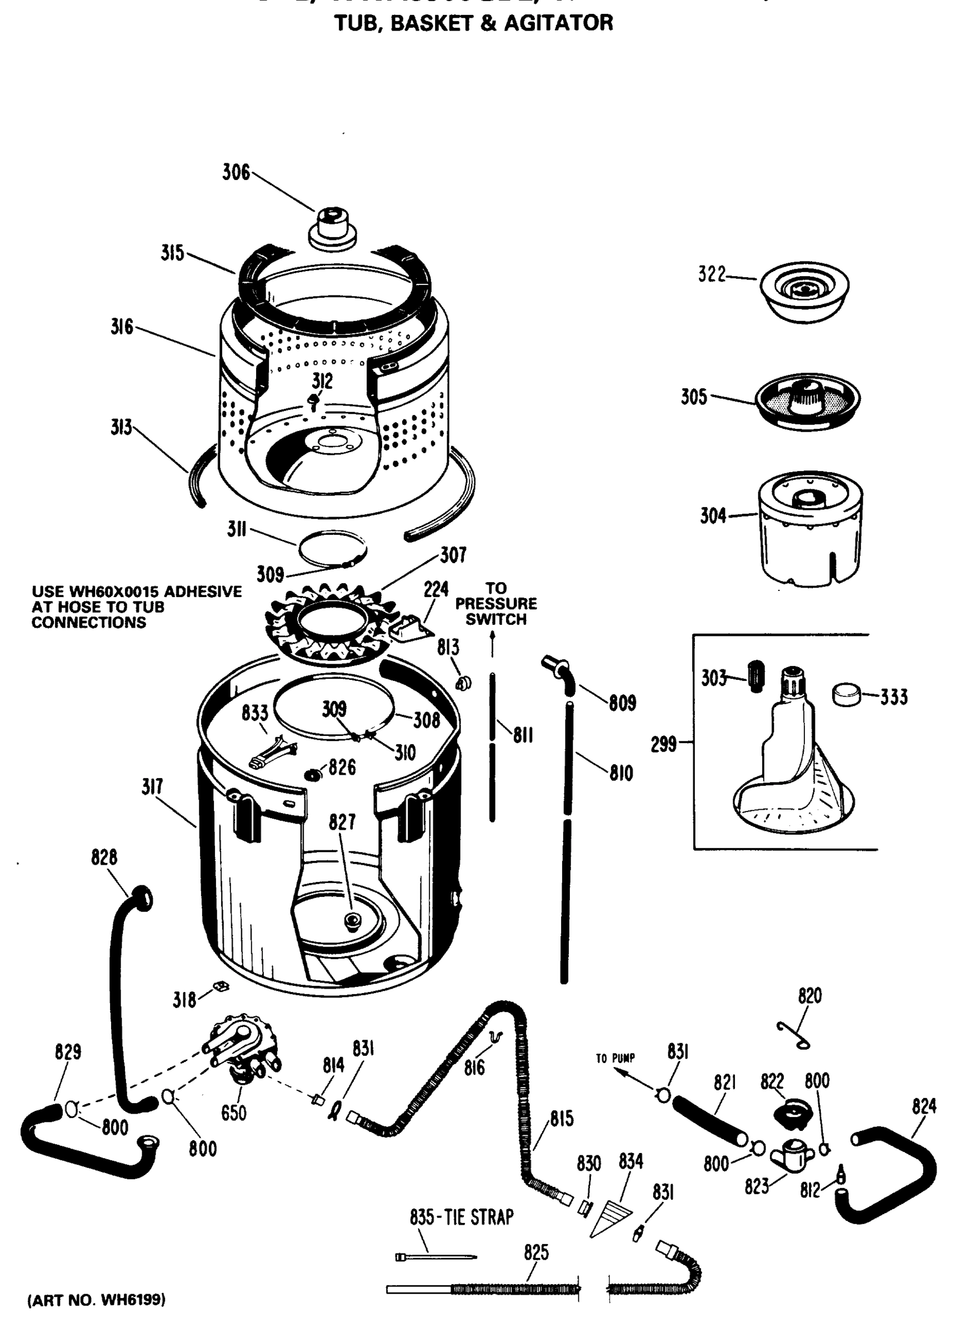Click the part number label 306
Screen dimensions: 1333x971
(x=236, y=173)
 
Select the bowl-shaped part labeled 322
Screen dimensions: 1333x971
(x=804, y=293)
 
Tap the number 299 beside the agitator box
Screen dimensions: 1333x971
(x=664, y=745)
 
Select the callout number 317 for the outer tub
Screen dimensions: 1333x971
(x=152, y=787)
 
